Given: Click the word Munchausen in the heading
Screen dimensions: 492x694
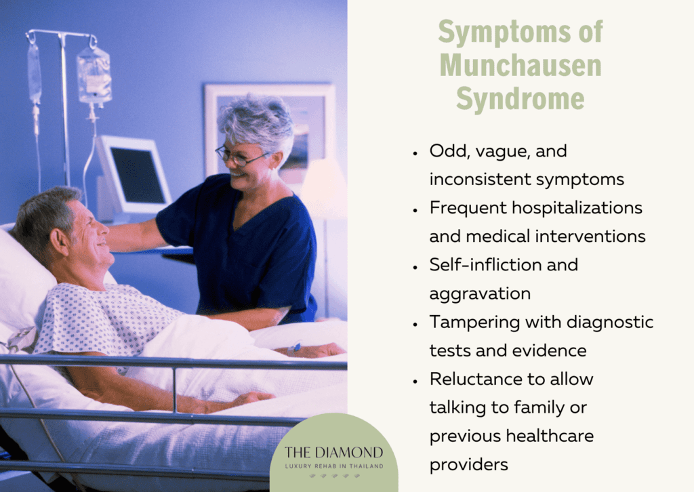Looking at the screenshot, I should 520,66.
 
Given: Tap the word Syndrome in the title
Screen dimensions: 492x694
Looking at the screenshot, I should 520,98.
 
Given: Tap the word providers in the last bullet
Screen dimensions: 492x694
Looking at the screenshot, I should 468,465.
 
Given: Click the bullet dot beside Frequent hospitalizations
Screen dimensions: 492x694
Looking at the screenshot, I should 415,209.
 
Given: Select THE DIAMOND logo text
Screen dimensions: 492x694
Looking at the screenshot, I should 333,452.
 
